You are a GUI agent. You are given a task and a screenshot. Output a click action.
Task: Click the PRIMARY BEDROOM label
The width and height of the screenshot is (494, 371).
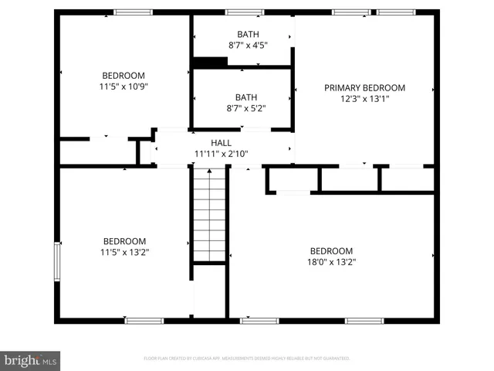(364, 88)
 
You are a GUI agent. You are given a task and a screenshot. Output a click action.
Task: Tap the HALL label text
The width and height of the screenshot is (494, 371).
(222, 143)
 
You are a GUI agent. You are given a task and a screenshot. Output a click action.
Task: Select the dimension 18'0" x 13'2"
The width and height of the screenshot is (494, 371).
(332, 262)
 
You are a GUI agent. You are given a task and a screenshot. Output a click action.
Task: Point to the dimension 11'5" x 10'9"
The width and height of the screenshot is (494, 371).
(124, 87)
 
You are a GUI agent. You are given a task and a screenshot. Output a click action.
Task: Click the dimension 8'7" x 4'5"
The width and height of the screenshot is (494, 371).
(248, 46)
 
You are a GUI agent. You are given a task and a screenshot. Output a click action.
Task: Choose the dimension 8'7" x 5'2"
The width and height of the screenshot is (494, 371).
(246, 108)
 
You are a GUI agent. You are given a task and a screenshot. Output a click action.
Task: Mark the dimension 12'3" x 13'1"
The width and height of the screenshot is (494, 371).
(364, 99)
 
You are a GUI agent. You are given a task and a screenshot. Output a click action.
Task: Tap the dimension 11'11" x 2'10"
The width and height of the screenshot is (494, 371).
(222, 153)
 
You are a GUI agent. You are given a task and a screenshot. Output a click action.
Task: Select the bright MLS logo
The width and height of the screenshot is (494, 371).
(31, 359)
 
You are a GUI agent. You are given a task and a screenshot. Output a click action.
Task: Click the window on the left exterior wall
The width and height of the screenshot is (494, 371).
(56, 262)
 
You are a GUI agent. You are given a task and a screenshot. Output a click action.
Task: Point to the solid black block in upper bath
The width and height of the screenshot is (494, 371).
(209, 63)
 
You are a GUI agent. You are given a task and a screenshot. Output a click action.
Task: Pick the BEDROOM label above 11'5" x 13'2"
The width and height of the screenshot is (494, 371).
(124, 240)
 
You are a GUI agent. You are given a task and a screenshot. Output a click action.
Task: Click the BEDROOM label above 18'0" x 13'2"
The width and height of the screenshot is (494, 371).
(332, 251)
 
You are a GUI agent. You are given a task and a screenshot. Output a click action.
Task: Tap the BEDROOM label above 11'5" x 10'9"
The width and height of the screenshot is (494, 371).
(124, 75)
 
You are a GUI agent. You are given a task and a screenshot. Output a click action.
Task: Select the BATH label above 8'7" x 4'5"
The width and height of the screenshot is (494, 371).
(248, 34)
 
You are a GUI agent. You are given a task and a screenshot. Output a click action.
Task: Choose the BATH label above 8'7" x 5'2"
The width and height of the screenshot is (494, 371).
(246, 97)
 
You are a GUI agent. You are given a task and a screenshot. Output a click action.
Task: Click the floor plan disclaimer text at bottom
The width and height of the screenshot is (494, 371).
(247, 359)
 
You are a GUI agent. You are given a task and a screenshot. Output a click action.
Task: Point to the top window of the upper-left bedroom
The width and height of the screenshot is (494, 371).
(134, 12)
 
